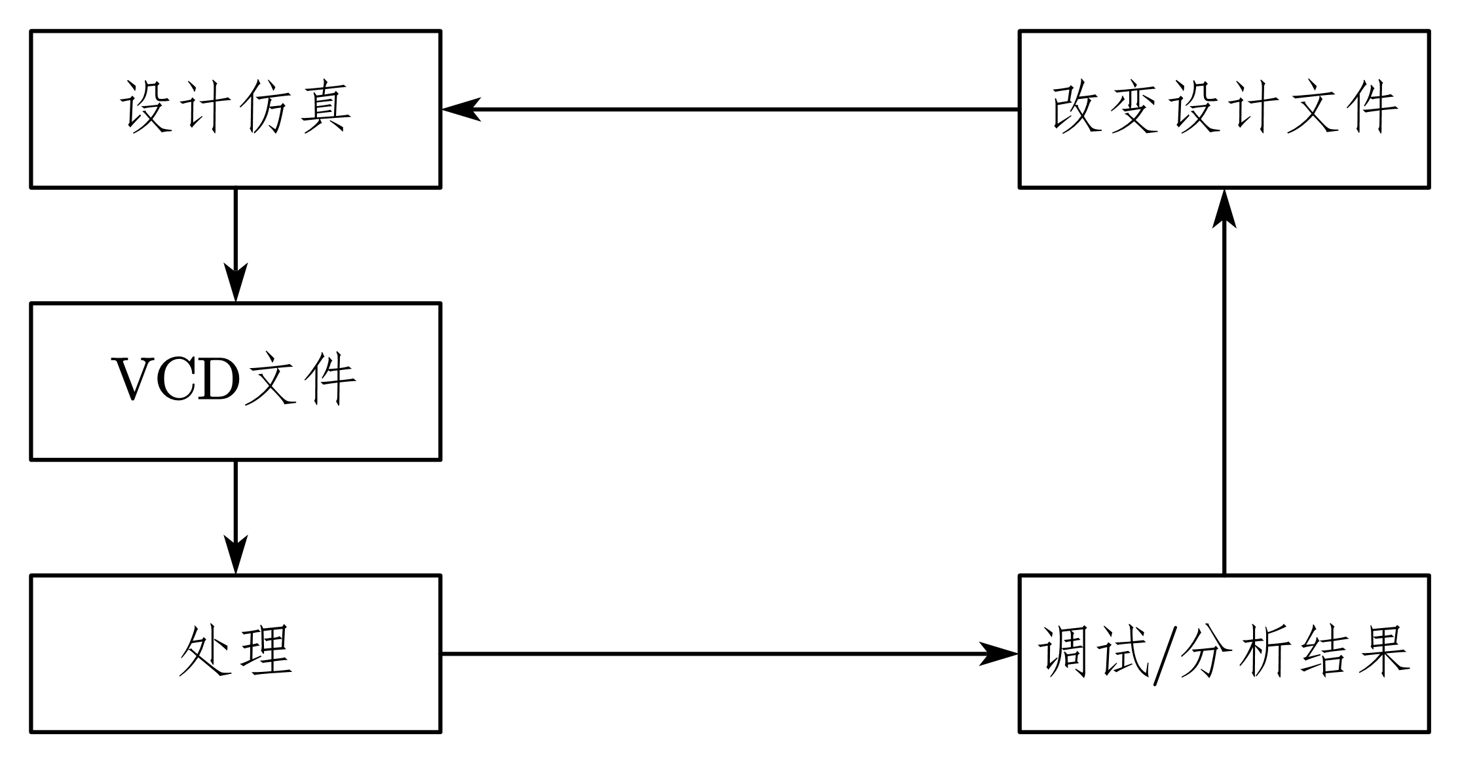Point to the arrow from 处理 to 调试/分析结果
721,653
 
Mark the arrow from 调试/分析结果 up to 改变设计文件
1224,393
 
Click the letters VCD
177,380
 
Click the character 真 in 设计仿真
326,108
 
